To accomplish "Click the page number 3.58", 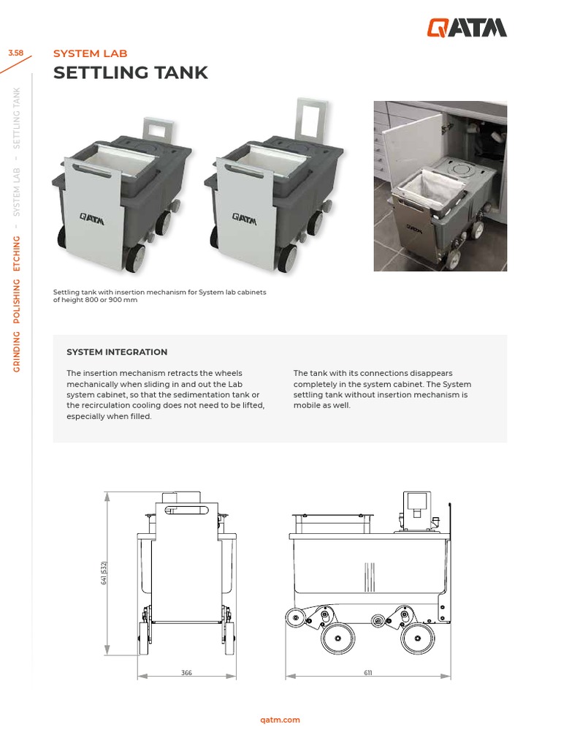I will tap(15, 53).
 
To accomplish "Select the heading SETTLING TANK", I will tap(131, 72).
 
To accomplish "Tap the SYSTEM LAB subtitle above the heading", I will tap(91, 53).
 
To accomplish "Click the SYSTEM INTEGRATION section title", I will tap(117, 352).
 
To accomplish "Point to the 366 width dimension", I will tap(186, 673).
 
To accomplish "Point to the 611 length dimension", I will tap(367, 673).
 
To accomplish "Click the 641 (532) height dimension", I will tap(104, 573).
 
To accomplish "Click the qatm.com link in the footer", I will tap(280, 720).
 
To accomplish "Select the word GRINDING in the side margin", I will tap(17, 352).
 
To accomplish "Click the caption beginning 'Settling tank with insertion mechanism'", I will tap(159, 296).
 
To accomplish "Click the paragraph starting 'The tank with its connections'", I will tap(382, 389).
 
